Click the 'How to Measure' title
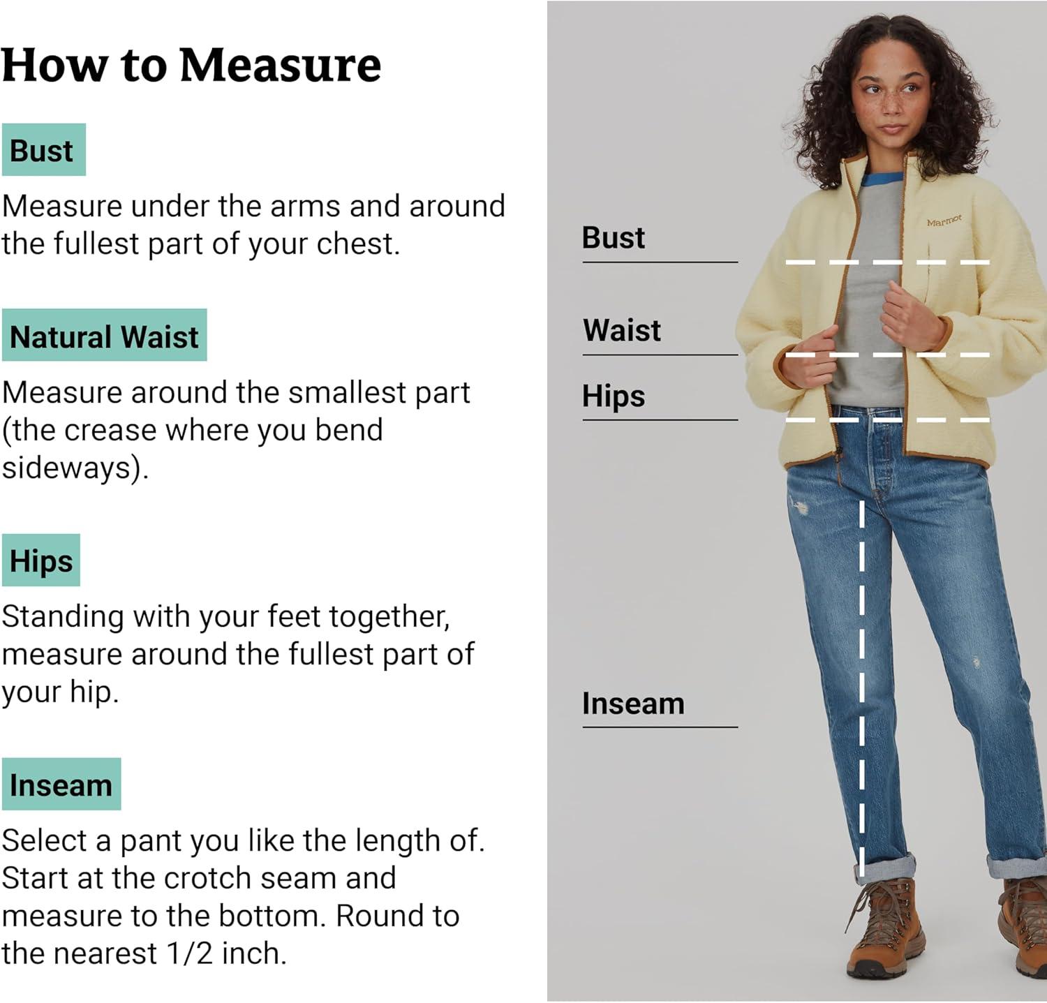[191, 65]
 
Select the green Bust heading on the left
[43, 150]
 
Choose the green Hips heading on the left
[41, 560]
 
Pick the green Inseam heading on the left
[61, 784]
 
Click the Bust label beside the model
[614, 237]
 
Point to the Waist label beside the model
[622, 330]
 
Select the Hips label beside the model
[614, 396]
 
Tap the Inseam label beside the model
[633, 704]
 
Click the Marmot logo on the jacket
[944, 221]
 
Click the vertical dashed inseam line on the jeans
[861, 688]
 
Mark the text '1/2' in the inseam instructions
[190, 953]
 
